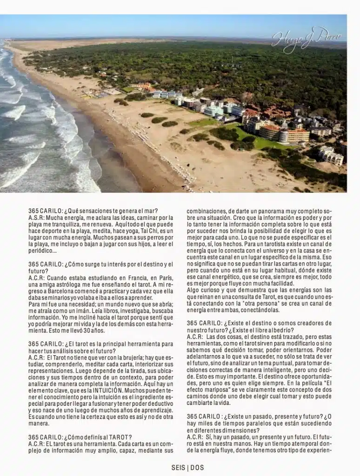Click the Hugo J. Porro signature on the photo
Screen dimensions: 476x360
[x=307, y=39]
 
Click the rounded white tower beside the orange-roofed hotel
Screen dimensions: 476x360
[x=284, y=136]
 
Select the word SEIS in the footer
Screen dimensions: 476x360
[x=178, y=467]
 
